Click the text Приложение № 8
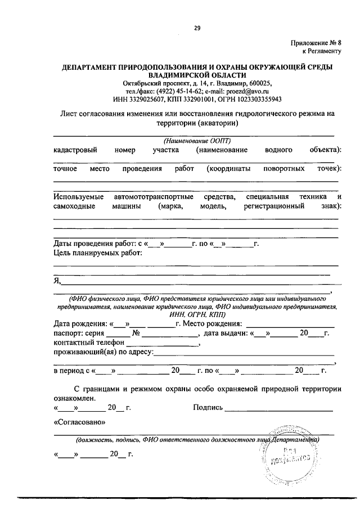(x=316, y=43)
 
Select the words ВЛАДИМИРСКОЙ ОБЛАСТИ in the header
(x=197, y=74)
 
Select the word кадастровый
(x=75, y=150)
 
